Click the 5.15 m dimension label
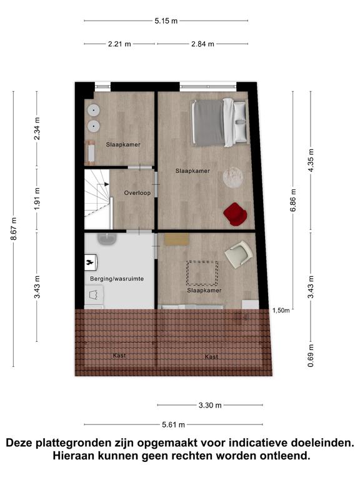[x=166, y=21]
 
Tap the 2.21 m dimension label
[x=119, y=44]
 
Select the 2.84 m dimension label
[x=202, y=44]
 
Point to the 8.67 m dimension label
[x=14, y=229]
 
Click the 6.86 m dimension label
[x=293, y=200]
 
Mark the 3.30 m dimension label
[x=210, y=405]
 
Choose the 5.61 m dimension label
[x=173, y=424]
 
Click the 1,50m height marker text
[x=281, y=311]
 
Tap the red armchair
[x=235, y=214]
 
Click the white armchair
[x=239, y=254]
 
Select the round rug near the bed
[x=233, y=177]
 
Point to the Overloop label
[x=137, y=193]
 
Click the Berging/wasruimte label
[x=117, y=279]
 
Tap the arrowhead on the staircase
[x=106, y=184]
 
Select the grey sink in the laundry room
[x=107, y=239]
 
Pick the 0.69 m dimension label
[x=311, y=356]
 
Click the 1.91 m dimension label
[x=37, y=199]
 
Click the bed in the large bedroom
[x=220, y=122]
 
